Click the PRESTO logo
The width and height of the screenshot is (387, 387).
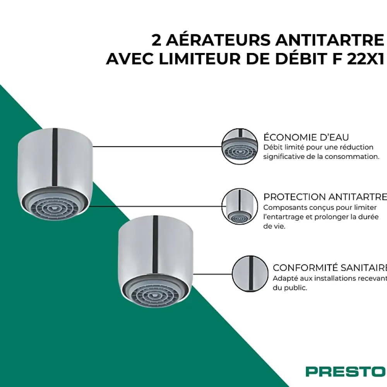(x=345, y=372)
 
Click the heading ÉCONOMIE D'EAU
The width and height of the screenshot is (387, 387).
(x=306, y=137)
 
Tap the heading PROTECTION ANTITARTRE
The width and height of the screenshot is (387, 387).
(x=325, y=197)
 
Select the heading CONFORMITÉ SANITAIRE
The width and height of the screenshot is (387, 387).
(x=330, y=268)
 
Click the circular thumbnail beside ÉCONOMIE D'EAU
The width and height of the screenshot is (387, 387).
(x=240, y=147)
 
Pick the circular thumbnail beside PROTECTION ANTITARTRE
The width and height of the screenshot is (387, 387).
(x=240, y=206)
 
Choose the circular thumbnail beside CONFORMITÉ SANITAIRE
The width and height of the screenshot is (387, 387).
(x=250, y=274)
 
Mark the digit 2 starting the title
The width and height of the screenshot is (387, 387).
(x=156, y=40)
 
